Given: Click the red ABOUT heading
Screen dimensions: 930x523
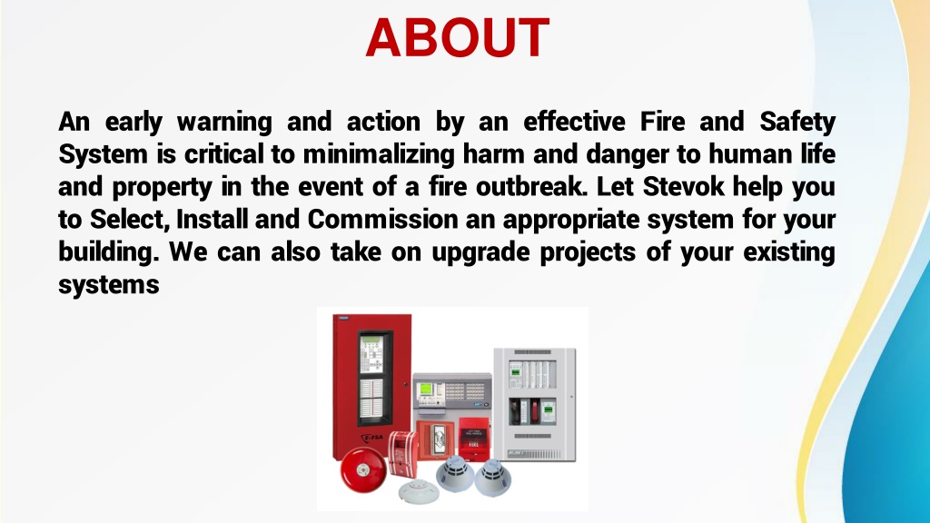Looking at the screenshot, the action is [x=458, y=37].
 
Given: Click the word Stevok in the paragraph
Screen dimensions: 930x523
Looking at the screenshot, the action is [x=683, y=186].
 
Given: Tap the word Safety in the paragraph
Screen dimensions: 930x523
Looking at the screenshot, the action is [x=797, y=123].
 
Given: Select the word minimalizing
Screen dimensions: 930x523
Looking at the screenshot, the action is [x=379, y=154].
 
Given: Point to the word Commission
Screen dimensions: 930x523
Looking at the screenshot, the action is [x=382, y=220].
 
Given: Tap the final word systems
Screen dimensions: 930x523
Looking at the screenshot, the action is [x=109, y=285].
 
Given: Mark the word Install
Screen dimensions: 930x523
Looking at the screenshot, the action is [x=212, y=220].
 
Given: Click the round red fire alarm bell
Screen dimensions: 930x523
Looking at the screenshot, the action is [x=363, y=469].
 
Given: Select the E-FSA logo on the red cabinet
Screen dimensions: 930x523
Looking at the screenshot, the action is [x=372, y=439].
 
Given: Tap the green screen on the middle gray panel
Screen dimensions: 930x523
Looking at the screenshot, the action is [x=426, y=390].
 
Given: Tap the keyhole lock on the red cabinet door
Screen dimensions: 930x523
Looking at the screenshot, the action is [x=406, y=385].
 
